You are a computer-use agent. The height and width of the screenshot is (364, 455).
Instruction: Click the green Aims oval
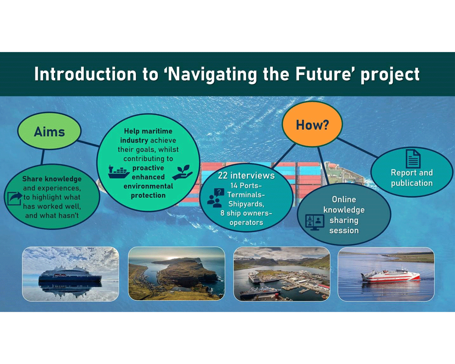pyautogui.click(x=49, y=131)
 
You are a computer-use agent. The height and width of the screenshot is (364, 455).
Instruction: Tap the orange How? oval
pyautogui.click(x=312, y=124)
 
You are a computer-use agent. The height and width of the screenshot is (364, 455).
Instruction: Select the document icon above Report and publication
pyautogui.click(x=413, y=159)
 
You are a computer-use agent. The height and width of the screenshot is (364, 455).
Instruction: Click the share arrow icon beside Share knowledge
pyautogui.click(x=15, y=199)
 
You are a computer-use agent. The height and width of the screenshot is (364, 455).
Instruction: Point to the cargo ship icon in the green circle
pyautogui.click(x=119, y=172)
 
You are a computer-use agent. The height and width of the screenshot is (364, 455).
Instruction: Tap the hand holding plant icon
pyautogui.click(x=182, y=173)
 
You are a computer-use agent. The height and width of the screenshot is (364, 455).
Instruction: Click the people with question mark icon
pyautogui.click(x=215, y=198)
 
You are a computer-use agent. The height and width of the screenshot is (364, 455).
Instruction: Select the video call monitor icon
pyautogui.click(x=315, y=222)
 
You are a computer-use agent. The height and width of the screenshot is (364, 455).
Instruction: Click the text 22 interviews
pyautogui.click(x=246, y=176)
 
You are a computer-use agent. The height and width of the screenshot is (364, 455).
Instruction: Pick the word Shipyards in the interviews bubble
pyautogui.click(x=246, y=204)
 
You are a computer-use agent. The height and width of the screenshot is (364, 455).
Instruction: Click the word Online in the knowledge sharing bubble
pyautogui.click(x=344, y=199)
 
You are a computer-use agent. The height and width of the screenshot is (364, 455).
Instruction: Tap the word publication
pyautogui.click(x=412, y=183)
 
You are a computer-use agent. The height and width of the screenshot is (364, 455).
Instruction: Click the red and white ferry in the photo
pyautogui.click(x=391, y=275)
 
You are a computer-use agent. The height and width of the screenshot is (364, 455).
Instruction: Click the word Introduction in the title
pyautogui.click(x=85, y=74)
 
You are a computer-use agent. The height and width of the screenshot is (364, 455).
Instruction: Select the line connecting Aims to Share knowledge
pyautogui.click(x=43, y=157)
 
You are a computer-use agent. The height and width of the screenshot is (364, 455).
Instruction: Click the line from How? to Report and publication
pyautogui.click(x=357, y=148)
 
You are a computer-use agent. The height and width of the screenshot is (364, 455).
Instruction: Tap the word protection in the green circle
pyautogui.click(x=148, y=195)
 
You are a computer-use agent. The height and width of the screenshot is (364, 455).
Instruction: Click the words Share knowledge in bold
pyautogui.click(x=52, y=179)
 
